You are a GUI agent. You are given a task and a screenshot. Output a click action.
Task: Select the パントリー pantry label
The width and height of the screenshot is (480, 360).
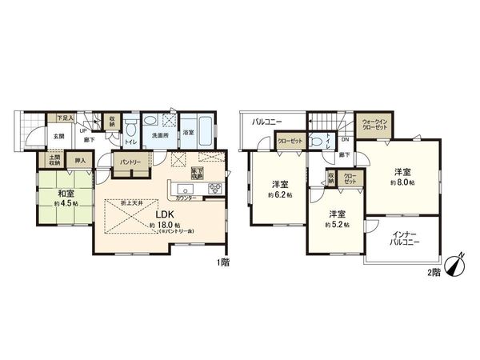[129, 162]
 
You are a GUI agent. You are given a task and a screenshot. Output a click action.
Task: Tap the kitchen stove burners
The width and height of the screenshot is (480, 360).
[215, 188]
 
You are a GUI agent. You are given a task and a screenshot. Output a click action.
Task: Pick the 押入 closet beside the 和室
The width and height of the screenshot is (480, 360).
[80, 161]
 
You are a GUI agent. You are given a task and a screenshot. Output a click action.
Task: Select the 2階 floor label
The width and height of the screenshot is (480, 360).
[431, 273]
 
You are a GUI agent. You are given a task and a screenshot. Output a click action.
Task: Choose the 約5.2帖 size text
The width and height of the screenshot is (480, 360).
[336, 224]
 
